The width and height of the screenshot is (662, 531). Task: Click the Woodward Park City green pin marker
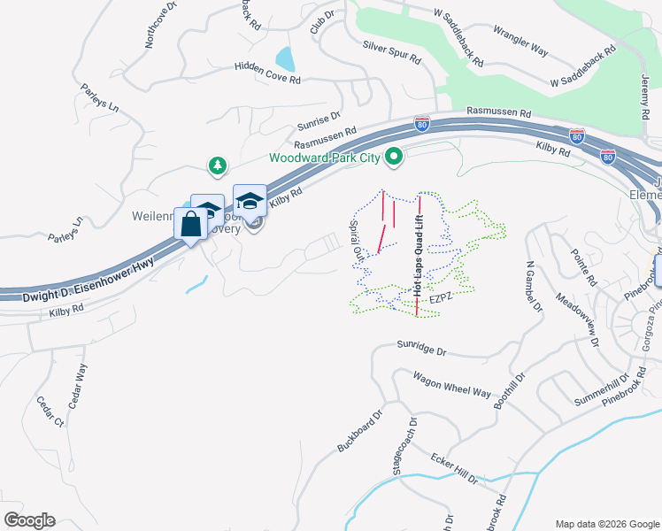(x=396, y=158)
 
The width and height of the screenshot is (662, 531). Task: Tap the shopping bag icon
(x=191, y=225)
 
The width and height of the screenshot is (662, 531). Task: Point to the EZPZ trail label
(x=441, y=301)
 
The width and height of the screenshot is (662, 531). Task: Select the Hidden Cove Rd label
(x=268, y=73)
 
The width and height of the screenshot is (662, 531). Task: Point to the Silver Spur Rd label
(x=390, y=52)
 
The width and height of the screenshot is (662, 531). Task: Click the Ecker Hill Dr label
(x=454, y=468)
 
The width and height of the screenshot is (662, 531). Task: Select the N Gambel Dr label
(x=532, y=287)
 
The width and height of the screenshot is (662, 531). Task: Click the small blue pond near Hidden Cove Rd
(x=285, y=58)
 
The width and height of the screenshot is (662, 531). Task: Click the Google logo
(x=30, y=520)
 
